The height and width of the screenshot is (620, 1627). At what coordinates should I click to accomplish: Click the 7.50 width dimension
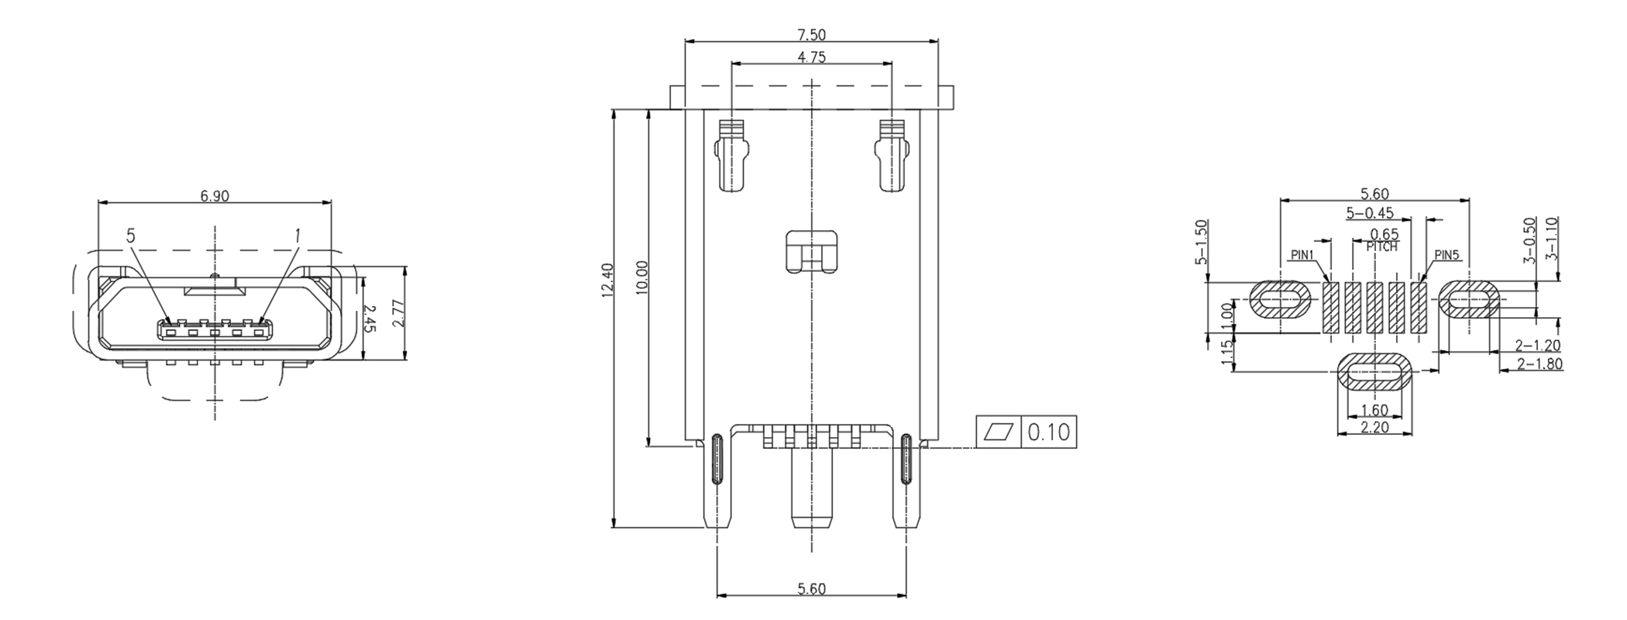(811, 34)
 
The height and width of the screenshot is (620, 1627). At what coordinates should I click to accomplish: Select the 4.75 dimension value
(811, 57)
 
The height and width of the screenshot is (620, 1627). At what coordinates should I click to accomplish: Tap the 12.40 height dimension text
(607, 279)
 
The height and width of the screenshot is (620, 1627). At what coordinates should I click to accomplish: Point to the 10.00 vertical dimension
(642, 277)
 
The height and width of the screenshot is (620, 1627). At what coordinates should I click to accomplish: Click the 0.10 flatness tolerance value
(1048, 432)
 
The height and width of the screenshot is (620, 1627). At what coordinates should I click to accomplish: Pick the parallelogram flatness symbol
(999, 432)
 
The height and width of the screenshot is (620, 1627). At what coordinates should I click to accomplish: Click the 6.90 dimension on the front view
(215, 196)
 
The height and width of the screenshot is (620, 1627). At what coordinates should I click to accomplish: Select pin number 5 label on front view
(131, 236)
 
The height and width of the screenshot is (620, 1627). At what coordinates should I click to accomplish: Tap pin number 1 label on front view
(297, 234)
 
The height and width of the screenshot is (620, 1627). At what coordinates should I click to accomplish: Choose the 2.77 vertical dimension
(398, 313)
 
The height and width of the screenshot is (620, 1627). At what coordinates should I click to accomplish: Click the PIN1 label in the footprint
(1302, 255)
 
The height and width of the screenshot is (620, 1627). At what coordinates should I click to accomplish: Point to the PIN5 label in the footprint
(1446, 255)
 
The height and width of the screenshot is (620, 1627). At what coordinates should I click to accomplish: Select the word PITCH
(1381, 247)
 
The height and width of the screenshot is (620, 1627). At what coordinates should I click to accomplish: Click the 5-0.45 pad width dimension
(1370, 212)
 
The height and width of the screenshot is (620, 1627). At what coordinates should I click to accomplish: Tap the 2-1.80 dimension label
(1539, 363)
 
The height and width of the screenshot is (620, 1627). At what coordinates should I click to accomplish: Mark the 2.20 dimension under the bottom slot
(1374, 427)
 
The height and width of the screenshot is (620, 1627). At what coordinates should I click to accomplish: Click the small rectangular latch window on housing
(811, 251)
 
